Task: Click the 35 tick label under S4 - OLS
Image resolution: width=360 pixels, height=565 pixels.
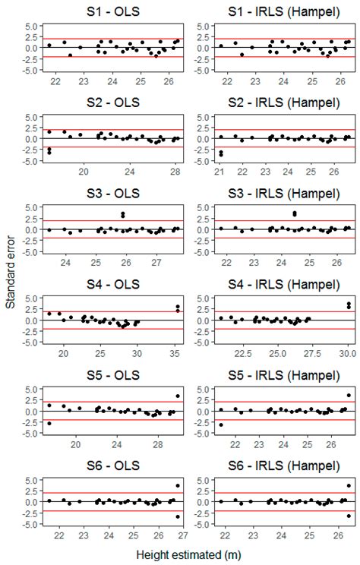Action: [x=173, y=354]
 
